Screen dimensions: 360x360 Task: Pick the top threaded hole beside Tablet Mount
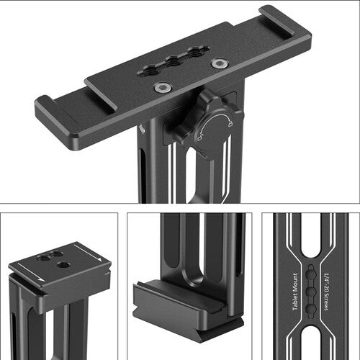[x=310, y=271]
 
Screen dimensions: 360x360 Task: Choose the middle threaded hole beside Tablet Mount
[x=310, y=289]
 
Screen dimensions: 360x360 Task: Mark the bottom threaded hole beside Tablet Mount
[x=310, y=307]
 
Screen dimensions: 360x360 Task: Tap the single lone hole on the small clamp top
[x=63, y=265]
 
